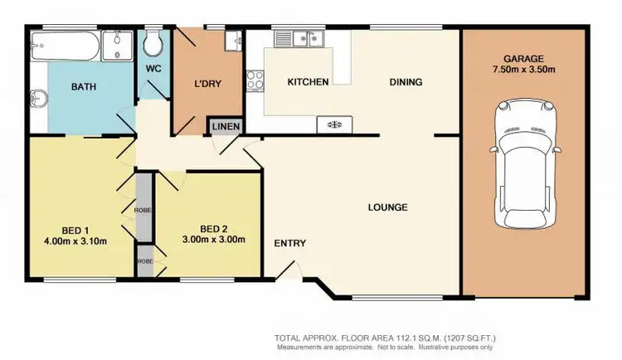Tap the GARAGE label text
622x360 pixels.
(x=522, y=59)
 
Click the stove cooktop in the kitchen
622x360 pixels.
(x=255, y=81)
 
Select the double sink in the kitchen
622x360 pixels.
(x=298, y=38)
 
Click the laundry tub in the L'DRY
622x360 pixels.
(x=231, y=38)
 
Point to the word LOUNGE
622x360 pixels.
(x=388, y=207)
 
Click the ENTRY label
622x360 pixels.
(x=290, y=243)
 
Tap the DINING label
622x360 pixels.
(x=406, y=82)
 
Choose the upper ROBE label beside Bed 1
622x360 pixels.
(x=144, y=211)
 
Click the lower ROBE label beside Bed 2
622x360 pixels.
(x=144, y=260)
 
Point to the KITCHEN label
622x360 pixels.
(x=308, y=82)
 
